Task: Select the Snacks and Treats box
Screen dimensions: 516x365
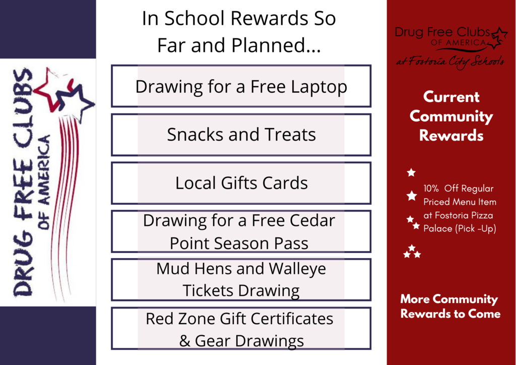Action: pyautogui.click(x=241, y=135)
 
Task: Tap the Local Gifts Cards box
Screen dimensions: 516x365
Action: pyautogui.click(x=241, y=183)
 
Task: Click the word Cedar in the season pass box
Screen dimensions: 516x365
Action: pyautogui.click(x=312, y=220)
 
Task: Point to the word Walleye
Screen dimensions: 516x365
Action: pyautogui.click(x=297, y=269)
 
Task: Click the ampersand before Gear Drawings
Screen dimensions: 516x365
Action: pyautogui.click(x=184, y=341)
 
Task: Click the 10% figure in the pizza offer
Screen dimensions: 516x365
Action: pyautogui.click(x=431, y=189)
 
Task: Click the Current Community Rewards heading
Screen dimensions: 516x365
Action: pyautogui.click(x=451, y=116)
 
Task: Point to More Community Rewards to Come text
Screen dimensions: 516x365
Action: pyautogui.click(x=450, y=306)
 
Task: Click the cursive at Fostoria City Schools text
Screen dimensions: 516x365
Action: pyautogui.click(x=450, y=62)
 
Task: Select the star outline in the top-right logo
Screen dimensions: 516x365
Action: pyautogui.click(x=498, y=38)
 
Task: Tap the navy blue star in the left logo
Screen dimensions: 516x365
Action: pyautogui.click(x=75, y=101)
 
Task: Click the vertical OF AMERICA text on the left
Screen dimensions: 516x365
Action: pyautogui.click(x=44, y=182)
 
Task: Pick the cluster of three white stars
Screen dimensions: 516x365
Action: pyautogui.click(x=412, y=252)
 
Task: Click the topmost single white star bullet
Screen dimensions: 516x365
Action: pyautogui.click(x=411, y=172)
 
